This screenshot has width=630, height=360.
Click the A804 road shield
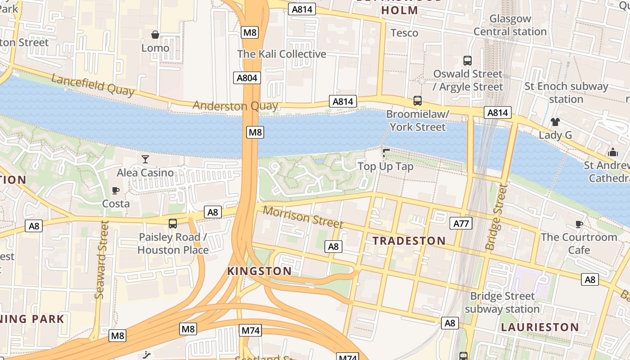pyautogui.click(x=247, y=78)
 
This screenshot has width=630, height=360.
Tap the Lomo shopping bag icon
pyautogui.click(x=155, y=35)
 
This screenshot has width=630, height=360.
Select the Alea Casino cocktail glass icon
pyautogui.click(x=145, y=159)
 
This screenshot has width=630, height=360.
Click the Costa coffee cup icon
pyautogui.click(x=116, y=190)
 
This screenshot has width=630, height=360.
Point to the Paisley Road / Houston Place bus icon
pyautogui.click(x=172, y=223)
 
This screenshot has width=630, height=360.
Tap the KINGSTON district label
pyautogui.click(x=259, y=271)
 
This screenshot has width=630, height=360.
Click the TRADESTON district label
pyautogui.click(x=409, y=241)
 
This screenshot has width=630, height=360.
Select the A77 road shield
pyautogui.click(x=461, y=223)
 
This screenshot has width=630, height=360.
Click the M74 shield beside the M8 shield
pyautogui.click(x=251, y=330)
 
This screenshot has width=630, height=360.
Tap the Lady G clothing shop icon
pyautogui.click(x=555, y=121)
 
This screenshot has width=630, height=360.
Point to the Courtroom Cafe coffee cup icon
pyautogui.click(x=579, y=224)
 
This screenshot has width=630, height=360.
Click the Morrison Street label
pyautogui.click(x=303, y=217)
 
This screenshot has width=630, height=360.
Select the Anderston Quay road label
pyautogui.click(x=235, y=106)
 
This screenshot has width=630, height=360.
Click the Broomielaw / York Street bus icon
pyautogui.click(x=418, y=101)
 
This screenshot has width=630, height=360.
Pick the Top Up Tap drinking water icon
pyautogui.click(x=386, y=153)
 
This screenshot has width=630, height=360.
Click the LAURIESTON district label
pyautogui.click(x=540, y=327)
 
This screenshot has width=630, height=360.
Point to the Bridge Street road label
pyautogui.click(x=497, y=217)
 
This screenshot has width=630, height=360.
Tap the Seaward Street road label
pyautogui.click(x=103, y=259)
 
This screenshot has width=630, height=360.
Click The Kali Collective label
pyautogui.click(x=282, y=54)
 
